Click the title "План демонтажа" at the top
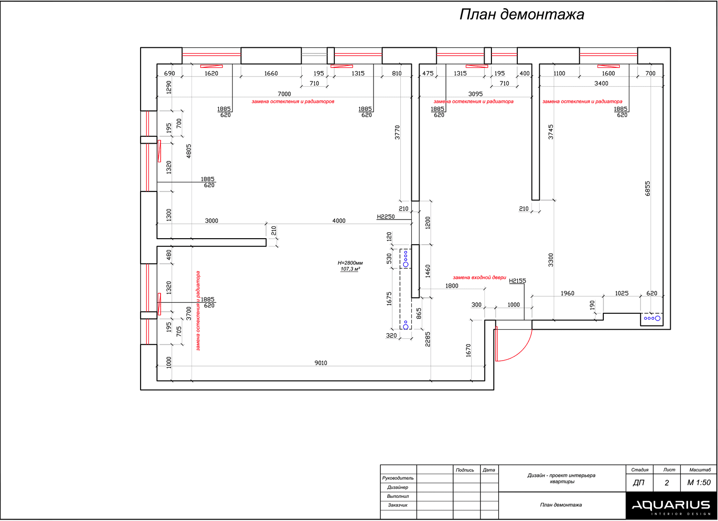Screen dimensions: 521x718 coord(521,15)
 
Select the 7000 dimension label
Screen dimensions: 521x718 coord(284,94)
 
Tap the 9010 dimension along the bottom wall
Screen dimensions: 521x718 coord(321,363)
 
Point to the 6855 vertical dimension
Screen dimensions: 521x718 coord(647,189)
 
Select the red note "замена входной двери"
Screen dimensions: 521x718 coord(479,277)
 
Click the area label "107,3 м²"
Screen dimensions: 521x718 coord(350,269)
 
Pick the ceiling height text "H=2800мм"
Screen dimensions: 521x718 coord(350,263)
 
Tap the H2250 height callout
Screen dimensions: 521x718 coord(386,217)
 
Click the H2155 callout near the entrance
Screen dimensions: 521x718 coord(517,281)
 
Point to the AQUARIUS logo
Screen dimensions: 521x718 coord(671,506)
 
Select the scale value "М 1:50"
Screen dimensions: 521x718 coord(699,483)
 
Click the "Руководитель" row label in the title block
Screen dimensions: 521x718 coord(398,478)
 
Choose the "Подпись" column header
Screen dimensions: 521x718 coord(465,470)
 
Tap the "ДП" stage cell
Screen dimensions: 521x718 coord(639,483)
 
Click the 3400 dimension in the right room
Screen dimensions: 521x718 coord(601,83)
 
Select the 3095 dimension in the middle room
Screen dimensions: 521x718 coord(475,94)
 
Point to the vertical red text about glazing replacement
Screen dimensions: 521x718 coord(198,311)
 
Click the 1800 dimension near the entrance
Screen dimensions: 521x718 coord(452,286)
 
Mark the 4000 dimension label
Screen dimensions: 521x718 coord(339,220)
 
